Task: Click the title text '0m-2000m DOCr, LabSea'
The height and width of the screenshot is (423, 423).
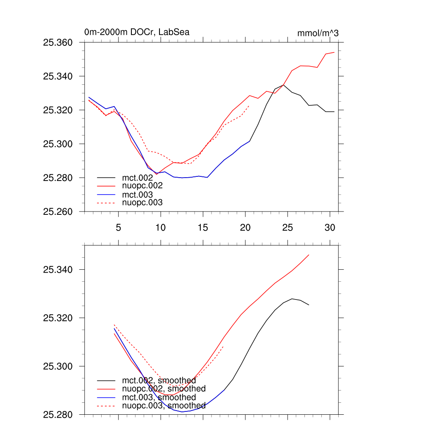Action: pos(137,32)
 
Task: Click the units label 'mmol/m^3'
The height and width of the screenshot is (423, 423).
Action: pos(318,33)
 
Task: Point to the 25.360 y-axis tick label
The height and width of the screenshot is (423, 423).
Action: pos(58,43)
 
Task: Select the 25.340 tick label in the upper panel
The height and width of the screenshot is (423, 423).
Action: pos(58,76)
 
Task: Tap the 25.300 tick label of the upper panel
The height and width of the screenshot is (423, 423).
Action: pos(58,144)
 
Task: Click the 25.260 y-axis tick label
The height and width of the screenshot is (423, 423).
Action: pos(58,212)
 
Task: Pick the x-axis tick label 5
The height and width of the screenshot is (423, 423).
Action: pos(118,227)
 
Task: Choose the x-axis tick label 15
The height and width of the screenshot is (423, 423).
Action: pos(203,227)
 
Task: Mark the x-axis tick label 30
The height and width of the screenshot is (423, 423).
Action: pos(330,227)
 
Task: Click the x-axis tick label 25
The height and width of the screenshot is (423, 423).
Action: pos(288,227)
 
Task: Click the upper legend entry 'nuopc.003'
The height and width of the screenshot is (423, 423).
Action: pos(142,202)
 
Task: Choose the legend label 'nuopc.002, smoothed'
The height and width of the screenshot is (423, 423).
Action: pos(164,389)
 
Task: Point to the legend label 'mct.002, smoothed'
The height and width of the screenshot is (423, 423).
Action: pos(159,380)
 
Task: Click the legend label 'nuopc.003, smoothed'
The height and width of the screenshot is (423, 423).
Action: pos(164,406)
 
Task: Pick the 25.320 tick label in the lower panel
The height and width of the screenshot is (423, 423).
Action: pos(58,318)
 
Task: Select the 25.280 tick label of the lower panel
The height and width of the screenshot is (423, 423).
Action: pos(58,415)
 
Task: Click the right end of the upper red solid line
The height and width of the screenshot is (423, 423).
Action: pos(334,52)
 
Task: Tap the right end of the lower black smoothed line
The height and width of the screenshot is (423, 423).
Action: pos(309,305)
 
